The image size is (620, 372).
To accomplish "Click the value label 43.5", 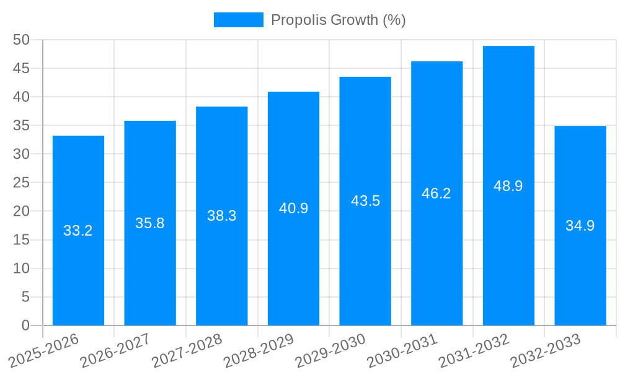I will click(x=365, y=201).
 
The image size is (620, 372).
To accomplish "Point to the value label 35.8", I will click(x=150, y=223).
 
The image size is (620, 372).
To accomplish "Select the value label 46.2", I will click(x=436, y=193).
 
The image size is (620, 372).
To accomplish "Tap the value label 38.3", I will click(x=221, y=216).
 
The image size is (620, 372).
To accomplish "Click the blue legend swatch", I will click(x=238, y=20).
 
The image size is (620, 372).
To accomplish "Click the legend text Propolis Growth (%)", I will click(x=338, y=20).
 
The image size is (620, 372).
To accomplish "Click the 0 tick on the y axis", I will click(x=25, y=325).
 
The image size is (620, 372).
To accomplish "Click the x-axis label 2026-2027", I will click(x=116, y=351).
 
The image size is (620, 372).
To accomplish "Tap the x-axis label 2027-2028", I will click(x=187, y=351).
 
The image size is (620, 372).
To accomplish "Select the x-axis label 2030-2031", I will click(x=402, y=351).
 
